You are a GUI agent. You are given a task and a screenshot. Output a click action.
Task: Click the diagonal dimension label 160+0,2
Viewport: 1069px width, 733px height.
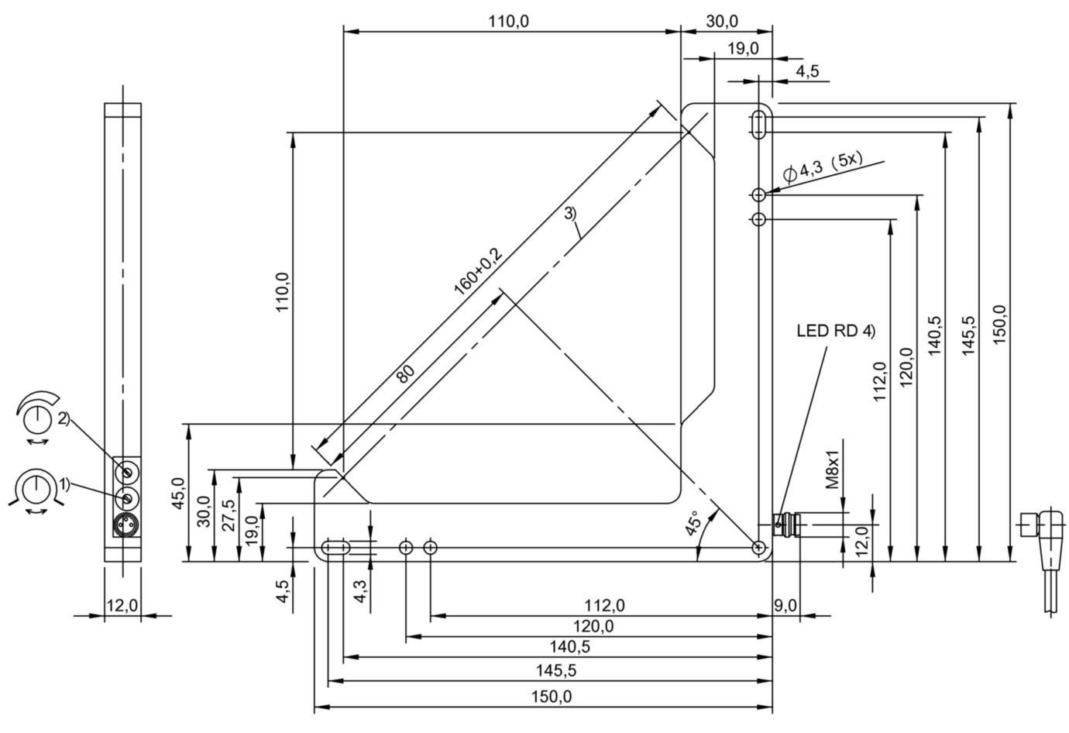478,270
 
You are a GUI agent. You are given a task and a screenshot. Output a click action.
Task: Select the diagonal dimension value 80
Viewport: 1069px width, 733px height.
405,373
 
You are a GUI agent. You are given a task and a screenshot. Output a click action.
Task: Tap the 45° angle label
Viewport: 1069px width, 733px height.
692,524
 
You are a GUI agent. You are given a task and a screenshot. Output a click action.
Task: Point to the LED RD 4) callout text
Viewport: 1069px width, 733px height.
835,331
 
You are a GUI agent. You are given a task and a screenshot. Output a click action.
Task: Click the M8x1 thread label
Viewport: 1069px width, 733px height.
832,469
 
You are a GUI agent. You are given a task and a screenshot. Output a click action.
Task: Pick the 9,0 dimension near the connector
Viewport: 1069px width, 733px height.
785,605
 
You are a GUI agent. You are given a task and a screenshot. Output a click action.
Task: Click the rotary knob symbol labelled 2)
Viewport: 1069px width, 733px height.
34,419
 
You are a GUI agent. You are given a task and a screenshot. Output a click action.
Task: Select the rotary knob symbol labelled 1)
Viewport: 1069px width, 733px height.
34,489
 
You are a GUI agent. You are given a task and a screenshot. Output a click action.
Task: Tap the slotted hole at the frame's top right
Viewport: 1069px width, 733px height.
759,124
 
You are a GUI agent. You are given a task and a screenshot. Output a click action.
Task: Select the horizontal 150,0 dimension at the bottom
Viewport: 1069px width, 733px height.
552,697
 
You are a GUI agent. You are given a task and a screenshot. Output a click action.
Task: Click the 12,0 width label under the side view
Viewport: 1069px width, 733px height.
122,605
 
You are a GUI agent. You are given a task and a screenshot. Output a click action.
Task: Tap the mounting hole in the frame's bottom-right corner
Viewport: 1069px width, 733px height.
758,548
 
